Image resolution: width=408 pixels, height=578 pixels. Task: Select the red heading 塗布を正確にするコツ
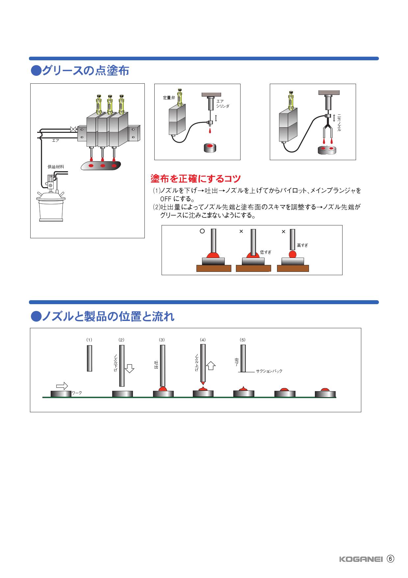coord(195,179)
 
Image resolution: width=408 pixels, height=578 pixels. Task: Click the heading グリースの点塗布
coord(80,71)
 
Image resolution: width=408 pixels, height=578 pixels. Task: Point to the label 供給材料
coord(56,167)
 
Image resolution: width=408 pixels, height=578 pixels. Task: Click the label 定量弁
coord(169,98)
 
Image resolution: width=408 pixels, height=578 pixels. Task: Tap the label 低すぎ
coord(266,252)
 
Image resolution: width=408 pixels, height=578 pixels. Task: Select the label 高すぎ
coord(302,246)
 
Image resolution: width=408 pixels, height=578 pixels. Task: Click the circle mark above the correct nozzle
coord(202,231)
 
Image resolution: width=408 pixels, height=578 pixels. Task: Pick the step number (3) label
coord(162,340)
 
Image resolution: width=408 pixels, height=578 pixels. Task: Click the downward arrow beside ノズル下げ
coord(130,368)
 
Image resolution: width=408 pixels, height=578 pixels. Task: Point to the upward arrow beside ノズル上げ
coord(211,365)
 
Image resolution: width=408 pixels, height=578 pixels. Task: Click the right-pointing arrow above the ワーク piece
coord(62,386)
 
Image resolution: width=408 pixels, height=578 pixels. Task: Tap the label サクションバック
coord(269,371)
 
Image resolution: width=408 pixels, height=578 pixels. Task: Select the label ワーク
coord(77,393)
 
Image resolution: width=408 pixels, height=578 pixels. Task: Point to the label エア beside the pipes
coord(56,140)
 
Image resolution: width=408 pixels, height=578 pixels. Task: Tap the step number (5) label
coord(242,340)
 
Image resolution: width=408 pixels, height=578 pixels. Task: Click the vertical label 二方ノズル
coord(340,123)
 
